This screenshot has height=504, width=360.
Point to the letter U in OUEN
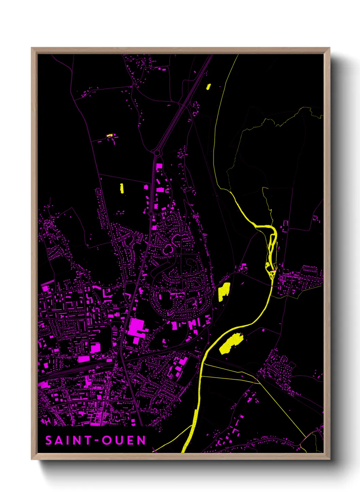118,440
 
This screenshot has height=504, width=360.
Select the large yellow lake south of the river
231,343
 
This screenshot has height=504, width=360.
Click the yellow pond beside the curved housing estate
224,291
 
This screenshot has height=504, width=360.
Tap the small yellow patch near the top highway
208,86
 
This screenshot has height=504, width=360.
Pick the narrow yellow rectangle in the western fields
121,188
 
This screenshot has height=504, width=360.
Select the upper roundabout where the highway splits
157,153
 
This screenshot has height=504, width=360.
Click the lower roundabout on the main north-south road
151,214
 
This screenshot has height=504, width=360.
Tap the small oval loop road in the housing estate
168,249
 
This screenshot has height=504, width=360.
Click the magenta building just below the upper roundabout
159,167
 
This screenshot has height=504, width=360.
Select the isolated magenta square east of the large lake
263,330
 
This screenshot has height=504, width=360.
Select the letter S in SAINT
49,440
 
